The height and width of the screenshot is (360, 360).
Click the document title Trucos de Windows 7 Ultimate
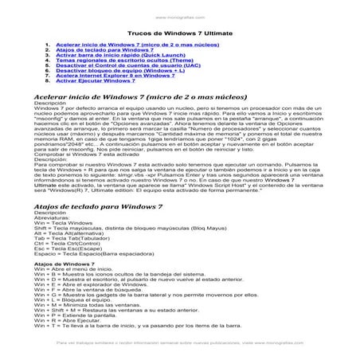tap(180, 33)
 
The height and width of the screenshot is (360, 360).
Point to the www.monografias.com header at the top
tap(179, 15)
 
